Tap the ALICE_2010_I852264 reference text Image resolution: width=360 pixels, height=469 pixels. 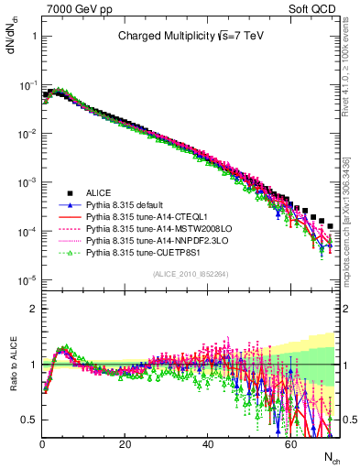pos(190,275)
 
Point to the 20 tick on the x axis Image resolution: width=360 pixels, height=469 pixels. pos(125,444)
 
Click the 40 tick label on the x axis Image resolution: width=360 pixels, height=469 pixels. pos(207,444)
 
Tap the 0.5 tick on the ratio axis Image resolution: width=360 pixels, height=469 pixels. pos(28,420)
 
